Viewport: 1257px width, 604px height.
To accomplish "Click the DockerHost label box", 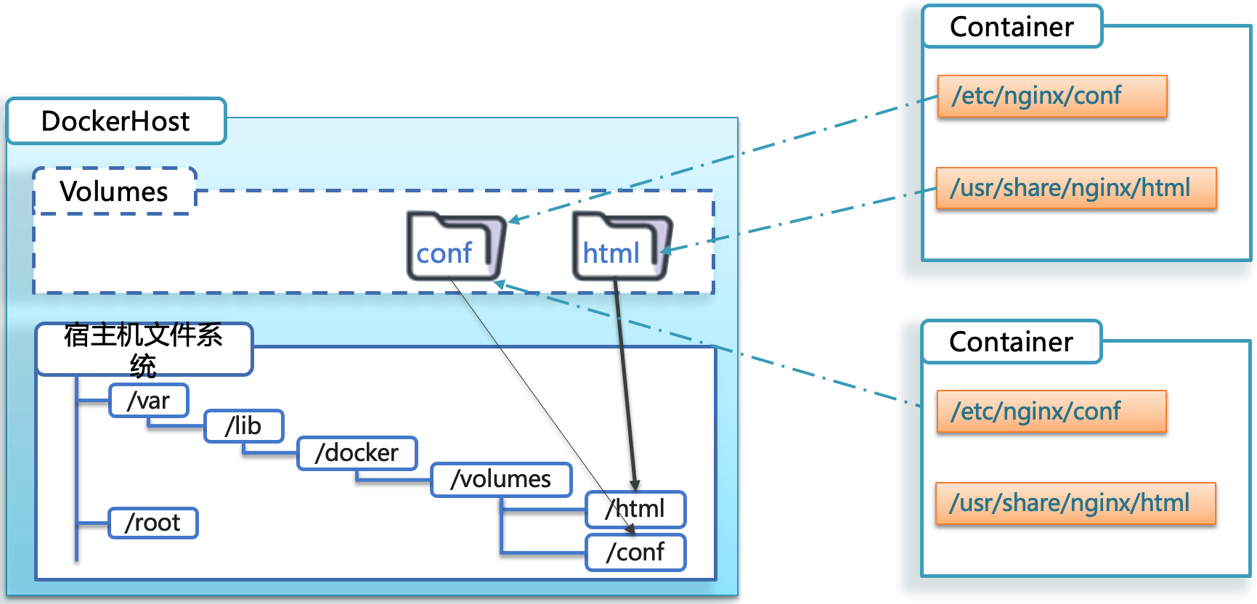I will point(116,121).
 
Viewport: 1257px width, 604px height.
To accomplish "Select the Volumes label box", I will point(115,192).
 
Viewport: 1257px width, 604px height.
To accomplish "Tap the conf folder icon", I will point(454,247).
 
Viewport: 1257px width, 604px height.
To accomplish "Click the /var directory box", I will point(149,401).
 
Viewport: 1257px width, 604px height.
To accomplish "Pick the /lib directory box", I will point(244,426).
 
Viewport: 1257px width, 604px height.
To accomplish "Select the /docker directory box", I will point(357,453).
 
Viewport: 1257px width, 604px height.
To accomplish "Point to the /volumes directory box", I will point(501,479).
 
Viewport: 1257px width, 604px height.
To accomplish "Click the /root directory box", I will point(152,523).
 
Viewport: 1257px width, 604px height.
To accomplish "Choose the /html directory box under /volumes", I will point(636,509).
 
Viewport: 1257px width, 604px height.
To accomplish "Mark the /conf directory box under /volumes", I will point(636,552).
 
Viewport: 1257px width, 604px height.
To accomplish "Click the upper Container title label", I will point(1012,27).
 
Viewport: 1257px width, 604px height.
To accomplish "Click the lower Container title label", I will point(1011,342).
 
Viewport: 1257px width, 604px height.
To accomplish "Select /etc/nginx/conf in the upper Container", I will point(1051,96).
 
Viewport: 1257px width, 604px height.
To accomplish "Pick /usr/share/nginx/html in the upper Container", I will point(1075,188).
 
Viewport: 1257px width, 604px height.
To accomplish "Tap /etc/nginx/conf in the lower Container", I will point(1051,412).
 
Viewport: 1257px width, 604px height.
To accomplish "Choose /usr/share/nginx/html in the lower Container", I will point(1075,503).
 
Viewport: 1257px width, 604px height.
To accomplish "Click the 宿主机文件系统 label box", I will point(144,349).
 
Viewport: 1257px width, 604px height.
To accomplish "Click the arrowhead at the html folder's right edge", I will point(664,251).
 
